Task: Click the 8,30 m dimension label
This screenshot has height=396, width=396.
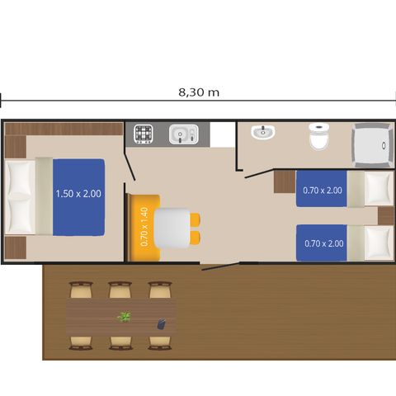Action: click(199, 93)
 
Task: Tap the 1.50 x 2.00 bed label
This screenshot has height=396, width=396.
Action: click(78, 194)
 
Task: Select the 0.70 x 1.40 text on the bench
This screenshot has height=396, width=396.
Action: click(144, 227)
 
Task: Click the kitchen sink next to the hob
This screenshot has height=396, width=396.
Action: click(181, 134)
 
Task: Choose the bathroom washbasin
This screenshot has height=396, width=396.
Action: click(262, 132)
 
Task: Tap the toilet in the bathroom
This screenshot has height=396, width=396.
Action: click(319, 137)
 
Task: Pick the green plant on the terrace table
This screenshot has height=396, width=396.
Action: click(125, 316)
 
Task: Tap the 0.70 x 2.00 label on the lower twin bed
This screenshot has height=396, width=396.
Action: click(323, 243)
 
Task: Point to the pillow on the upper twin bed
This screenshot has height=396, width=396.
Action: click(377, 189)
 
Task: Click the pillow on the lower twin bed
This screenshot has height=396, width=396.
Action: click(377, 243)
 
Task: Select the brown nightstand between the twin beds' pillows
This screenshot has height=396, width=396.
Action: click(385, 215)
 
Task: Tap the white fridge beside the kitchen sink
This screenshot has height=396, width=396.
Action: click(221, 134)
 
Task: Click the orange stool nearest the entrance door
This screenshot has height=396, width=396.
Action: click(196, 237)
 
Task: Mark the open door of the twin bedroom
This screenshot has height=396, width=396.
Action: click(257, 173)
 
